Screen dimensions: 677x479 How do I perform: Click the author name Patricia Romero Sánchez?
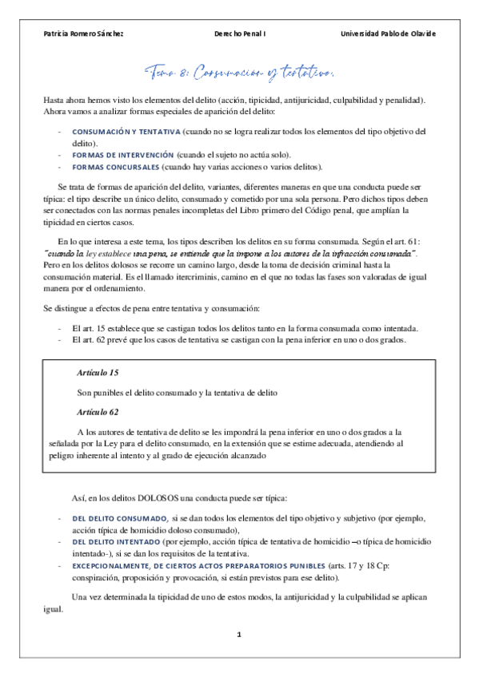coord(83,34)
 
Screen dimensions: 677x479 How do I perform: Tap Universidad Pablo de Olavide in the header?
coord(388,34)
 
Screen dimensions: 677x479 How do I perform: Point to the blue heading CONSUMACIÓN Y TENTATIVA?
coord(126,131)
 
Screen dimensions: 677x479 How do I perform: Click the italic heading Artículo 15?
coord(98,373)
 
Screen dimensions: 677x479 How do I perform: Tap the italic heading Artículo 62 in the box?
coord(98,412)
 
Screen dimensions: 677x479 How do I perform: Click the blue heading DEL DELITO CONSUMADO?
coord(120,518)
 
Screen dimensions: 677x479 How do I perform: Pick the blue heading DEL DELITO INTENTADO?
coord(118,542)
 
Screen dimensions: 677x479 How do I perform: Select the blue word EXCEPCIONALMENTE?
coord(113,565)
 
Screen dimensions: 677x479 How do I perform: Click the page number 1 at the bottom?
coord(238,635)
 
